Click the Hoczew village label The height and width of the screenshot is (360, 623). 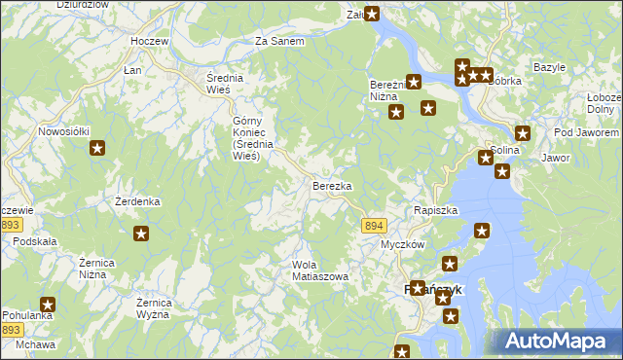click(x=149, y=42)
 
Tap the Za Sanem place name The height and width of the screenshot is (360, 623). click(x=279, y=42)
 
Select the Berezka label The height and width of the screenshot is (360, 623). click(x=331, y=185)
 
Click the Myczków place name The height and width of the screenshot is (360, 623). click(x=402, y=244)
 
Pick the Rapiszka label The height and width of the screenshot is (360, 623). click(x=435, y=210)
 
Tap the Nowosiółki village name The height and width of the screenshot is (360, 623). click(x=64, y=130)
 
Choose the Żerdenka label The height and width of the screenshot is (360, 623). click(x=137, y=201)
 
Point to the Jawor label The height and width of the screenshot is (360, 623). click(x=555, y=157)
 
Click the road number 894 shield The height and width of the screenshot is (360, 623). click(x=374, y=225)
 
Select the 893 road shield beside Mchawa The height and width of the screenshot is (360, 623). click(x=12, y=330)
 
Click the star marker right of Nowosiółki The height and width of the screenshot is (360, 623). click(x=97, y=148)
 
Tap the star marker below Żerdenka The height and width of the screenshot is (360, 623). click(x=141, y=234)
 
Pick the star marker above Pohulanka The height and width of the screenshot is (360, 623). click(x=47, y=305)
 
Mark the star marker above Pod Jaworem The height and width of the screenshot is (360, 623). click(x=523, y=134)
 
